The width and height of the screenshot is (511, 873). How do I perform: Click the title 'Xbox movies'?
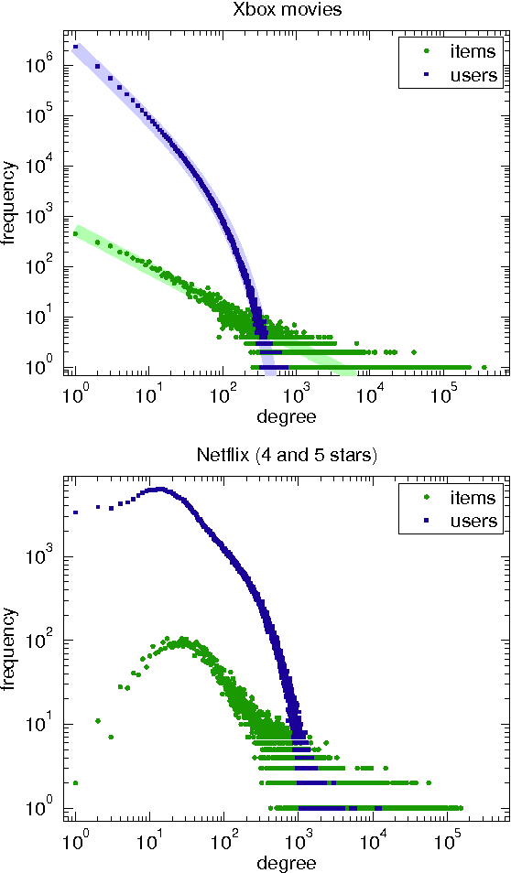tap(287, 10)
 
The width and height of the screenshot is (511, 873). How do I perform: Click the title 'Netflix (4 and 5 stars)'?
tap(287, 456)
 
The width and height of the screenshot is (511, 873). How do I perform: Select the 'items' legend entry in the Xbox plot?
tap(466, 52)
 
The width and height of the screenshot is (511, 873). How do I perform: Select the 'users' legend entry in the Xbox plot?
tap(466, 75)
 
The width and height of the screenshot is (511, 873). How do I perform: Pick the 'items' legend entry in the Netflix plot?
tap(466, 498)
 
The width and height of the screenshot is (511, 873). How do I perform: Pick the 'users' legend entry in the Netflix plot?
tap(466, 521)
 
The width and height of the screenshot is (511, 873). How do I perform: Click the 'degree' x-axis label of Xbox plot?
tap(287, 417)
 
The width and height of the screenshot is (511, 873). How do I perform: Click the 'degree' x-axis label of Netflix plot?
tap(287, 863)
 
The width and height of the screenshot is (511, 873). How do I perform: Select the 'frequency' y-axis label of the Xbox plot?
tap(10, 202)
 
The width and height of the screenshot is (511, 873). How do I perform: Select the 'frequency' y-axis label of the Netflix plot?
tap(10, 648)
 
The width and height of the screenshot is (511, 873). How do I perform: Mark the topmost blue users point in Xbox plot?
tap(76, 47)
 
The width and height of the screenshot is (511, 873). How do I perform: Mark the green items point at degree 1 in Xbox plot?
tap(76, 234)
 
